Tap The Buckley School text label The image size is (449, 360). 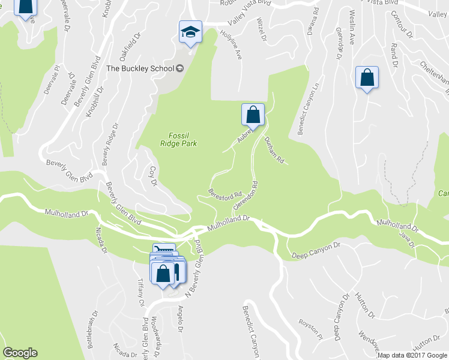click(140, 68)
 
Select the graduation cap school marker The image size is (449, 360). click(190, 31)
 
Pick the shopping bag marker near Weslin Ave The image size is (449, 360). click(366, 78)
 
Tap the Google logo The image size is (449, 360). click(20, 353)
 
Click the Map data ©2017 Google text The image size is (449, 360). click(412, 355)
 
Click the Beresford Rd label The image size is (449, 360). click(224, 196)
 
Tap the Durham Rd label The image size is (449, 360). click(274, 150)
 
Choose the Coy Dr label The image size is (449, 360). click(153, 175)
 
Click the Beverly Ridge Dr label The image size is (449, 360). click(108, 145)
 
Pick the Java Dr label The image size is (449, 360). click(407, 240)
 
